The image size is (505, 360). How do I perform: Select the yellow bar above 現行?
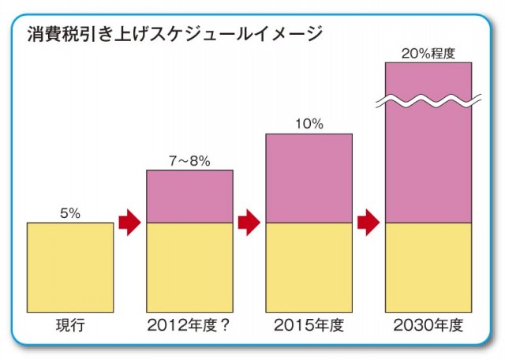click(69, 267)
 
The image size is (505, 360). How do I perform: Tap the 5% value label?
click(69, 212)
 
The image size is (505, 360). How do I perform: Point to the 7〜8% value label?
click(189, 160)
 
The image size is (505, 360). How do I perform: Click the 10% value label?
click(309, 124)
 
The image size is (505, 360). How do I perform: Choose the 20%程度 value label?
click(428, 53)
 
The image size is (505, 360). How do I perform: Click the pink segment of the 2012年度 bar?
click(189, 197)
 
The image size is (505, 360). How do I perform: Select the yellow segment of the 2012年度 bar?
click(189, 267)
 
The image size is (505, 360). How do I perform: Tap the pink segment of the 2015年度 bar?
click(309, 178)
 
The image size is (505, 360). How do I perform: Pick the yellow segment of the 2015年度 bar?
click(309, 267)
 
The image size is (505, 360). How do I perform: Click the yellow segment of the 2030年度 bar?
click(428, 267)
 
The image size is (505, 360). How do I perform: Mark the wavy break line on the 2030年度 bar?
click(428, 100)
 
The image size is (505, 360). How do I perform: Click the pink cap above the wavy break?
click(428, 79)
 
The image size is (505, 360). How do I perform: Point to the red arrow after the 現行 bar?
click(129, 223)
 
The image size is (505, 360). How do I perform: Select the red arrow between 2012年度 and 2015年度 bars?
click(249, 223)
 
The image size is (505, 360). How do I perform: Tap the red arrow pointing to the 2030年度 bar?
click(368, 223)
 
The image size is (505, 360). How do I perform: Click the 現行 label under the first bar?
click(69, 325)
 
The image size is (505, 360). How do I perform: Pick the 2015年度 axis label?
click(309, 325)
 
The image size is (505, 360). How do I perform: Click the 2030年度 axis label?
click(428, 325)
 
